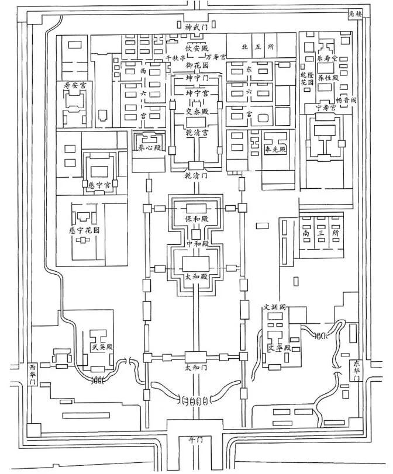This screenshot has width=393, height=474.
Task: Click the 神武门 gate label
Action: click(196, 27)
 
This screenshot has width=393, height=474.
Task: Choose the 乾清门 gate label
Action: click(195, 175)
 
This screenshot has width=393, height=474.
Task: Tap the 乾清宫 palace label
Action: click(196, 133)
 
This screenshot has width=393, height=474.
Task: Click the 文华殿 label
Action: click(280, 348)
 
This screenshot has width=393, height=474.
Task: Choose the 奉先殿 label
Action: click(275, 150)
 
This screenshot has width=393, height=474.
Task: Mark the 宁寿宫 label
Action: click(325, 107)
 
